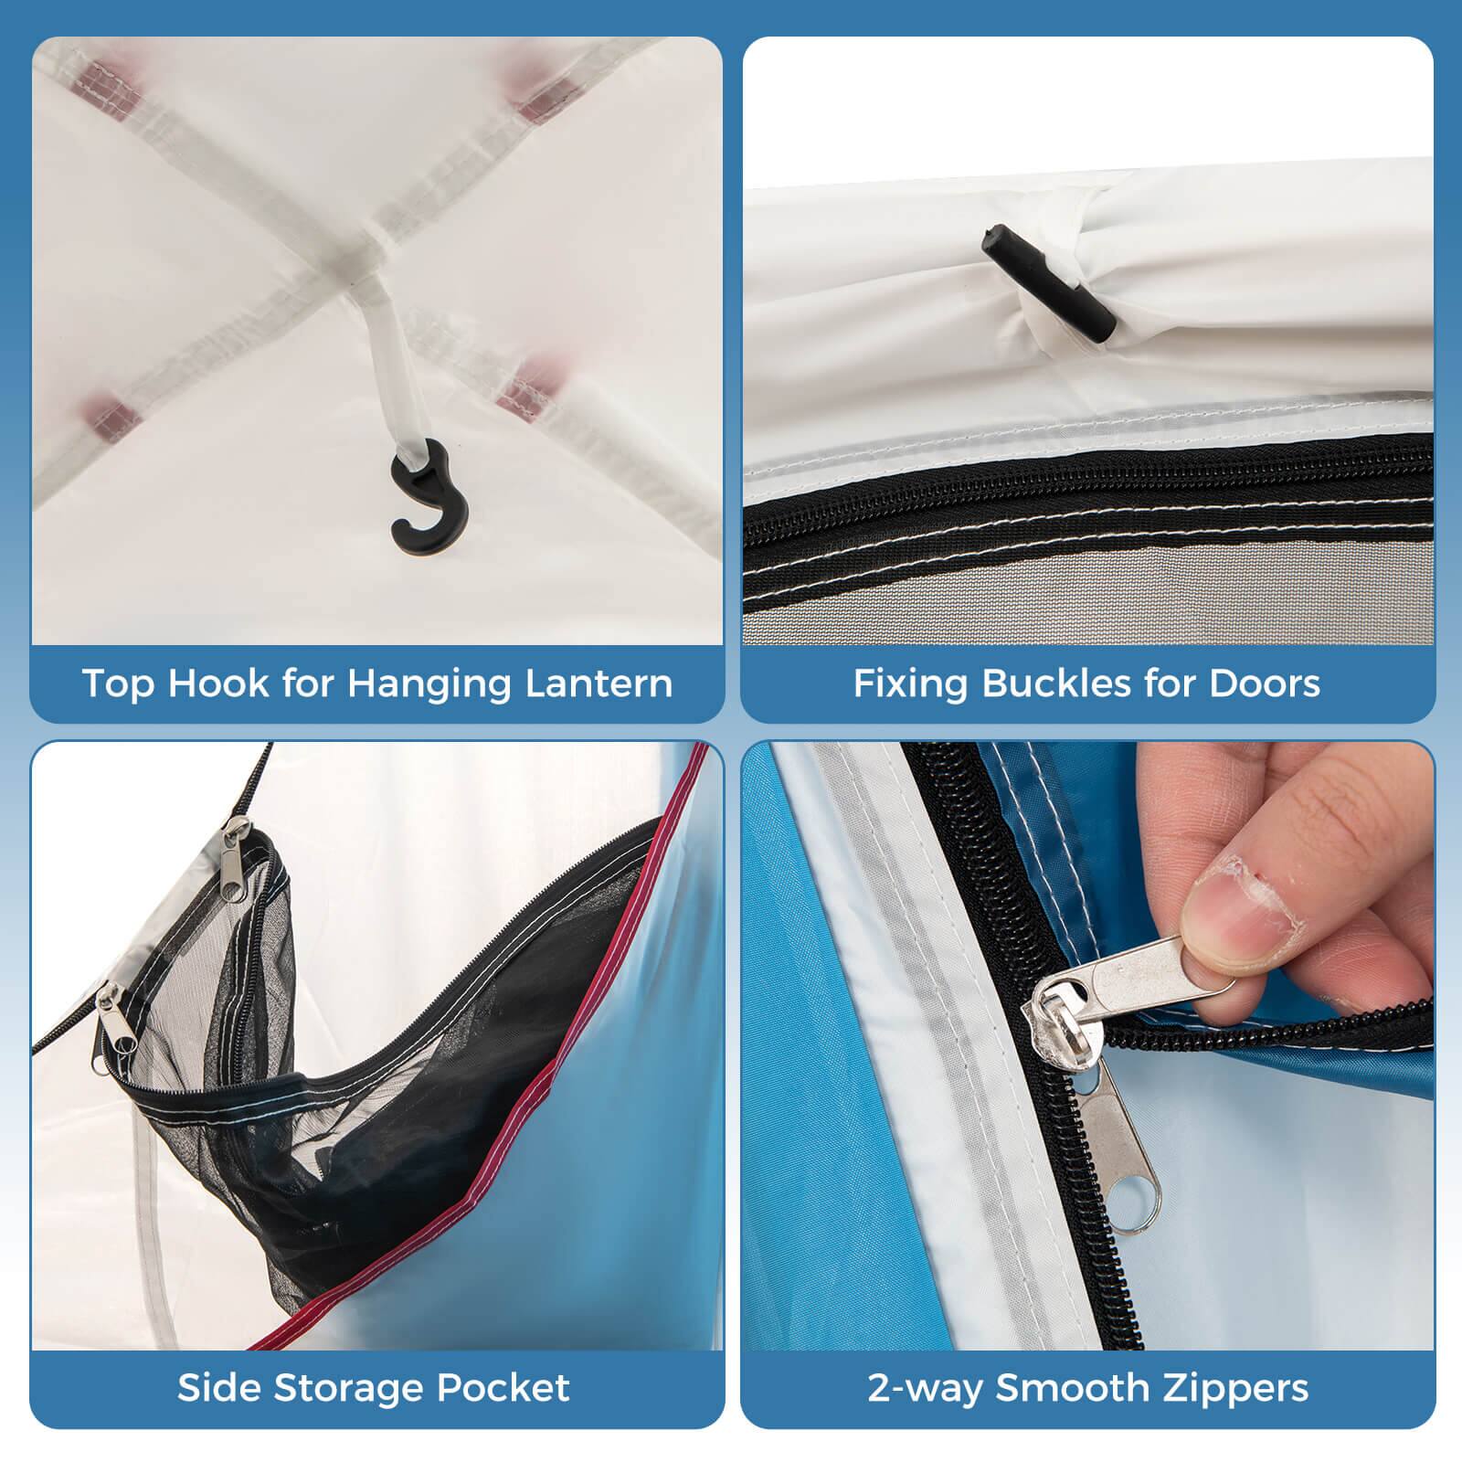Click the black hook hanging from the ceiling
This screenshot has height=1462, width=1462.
[x=429, y=499]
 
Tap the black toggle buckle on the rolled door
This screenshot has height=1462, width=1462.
[x=1048, y=281]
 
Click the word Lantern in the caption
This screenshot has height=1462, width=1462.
[x=599, y=683]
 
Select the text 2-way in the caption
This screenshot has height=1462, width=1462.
[x=925, y=1387]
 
